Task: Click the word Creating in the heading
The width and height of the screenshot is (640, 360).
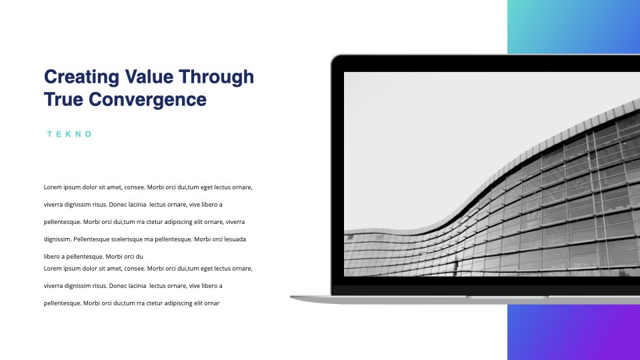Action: [x=81, y=77]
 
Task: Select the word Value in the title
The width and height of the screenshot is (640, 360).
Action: [x=149, y=76]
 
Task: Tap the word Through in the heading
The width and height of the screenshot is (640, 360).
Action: [x=216, y=77]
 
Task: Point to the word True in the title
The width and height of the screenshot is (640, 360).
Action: [x=63, y=99]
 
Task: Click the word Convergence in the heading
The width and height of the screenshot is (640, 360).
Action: [x=147, y=100]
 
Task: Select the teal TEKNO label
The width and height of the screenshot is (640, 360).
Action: [x=69, y=134]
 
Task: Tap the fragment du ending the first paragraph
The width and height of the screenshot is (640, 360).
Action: [x=139, y=257]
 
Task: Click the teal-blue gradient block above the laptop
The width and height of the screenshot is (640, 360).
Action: [x=573, y=27]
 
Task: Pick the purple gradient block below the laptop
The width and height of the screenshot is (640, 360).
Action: [x=573, y=332]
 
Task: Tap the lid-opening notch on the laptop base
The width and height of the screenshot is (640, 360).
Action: [x=507, y=297]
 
